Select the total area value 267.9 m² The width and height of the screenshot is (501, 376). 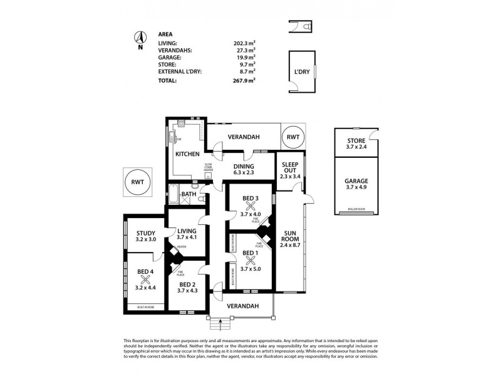[245, 80]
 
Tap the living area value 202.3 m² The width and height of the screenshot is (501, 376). [245, 43]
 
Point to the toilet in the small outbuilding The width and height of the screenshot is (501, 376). [304, 28]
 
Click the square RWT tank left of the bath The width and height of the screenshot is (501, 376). [137, 182]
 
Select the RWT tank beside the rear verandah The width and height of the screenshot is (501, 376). [292, 137]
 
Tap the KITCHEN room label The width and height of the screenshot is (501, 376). [187, 154]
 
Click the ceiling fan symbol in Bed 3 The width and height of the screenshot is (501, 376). [250, 206]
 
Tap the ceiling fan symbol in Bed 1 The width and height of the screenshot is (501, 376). [250, 260]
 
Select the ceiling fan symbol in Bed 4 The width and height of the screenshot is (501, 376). [145, 279]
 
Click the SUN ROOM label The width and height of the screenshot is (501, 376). [289, 243]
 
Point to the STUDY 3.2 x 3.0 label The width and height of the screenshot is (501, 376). [145, 236]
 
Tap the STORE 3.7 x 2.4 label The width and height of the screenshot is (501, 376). [355, 143]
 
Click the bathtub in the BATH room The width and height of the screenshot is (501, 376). [173, 193]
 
